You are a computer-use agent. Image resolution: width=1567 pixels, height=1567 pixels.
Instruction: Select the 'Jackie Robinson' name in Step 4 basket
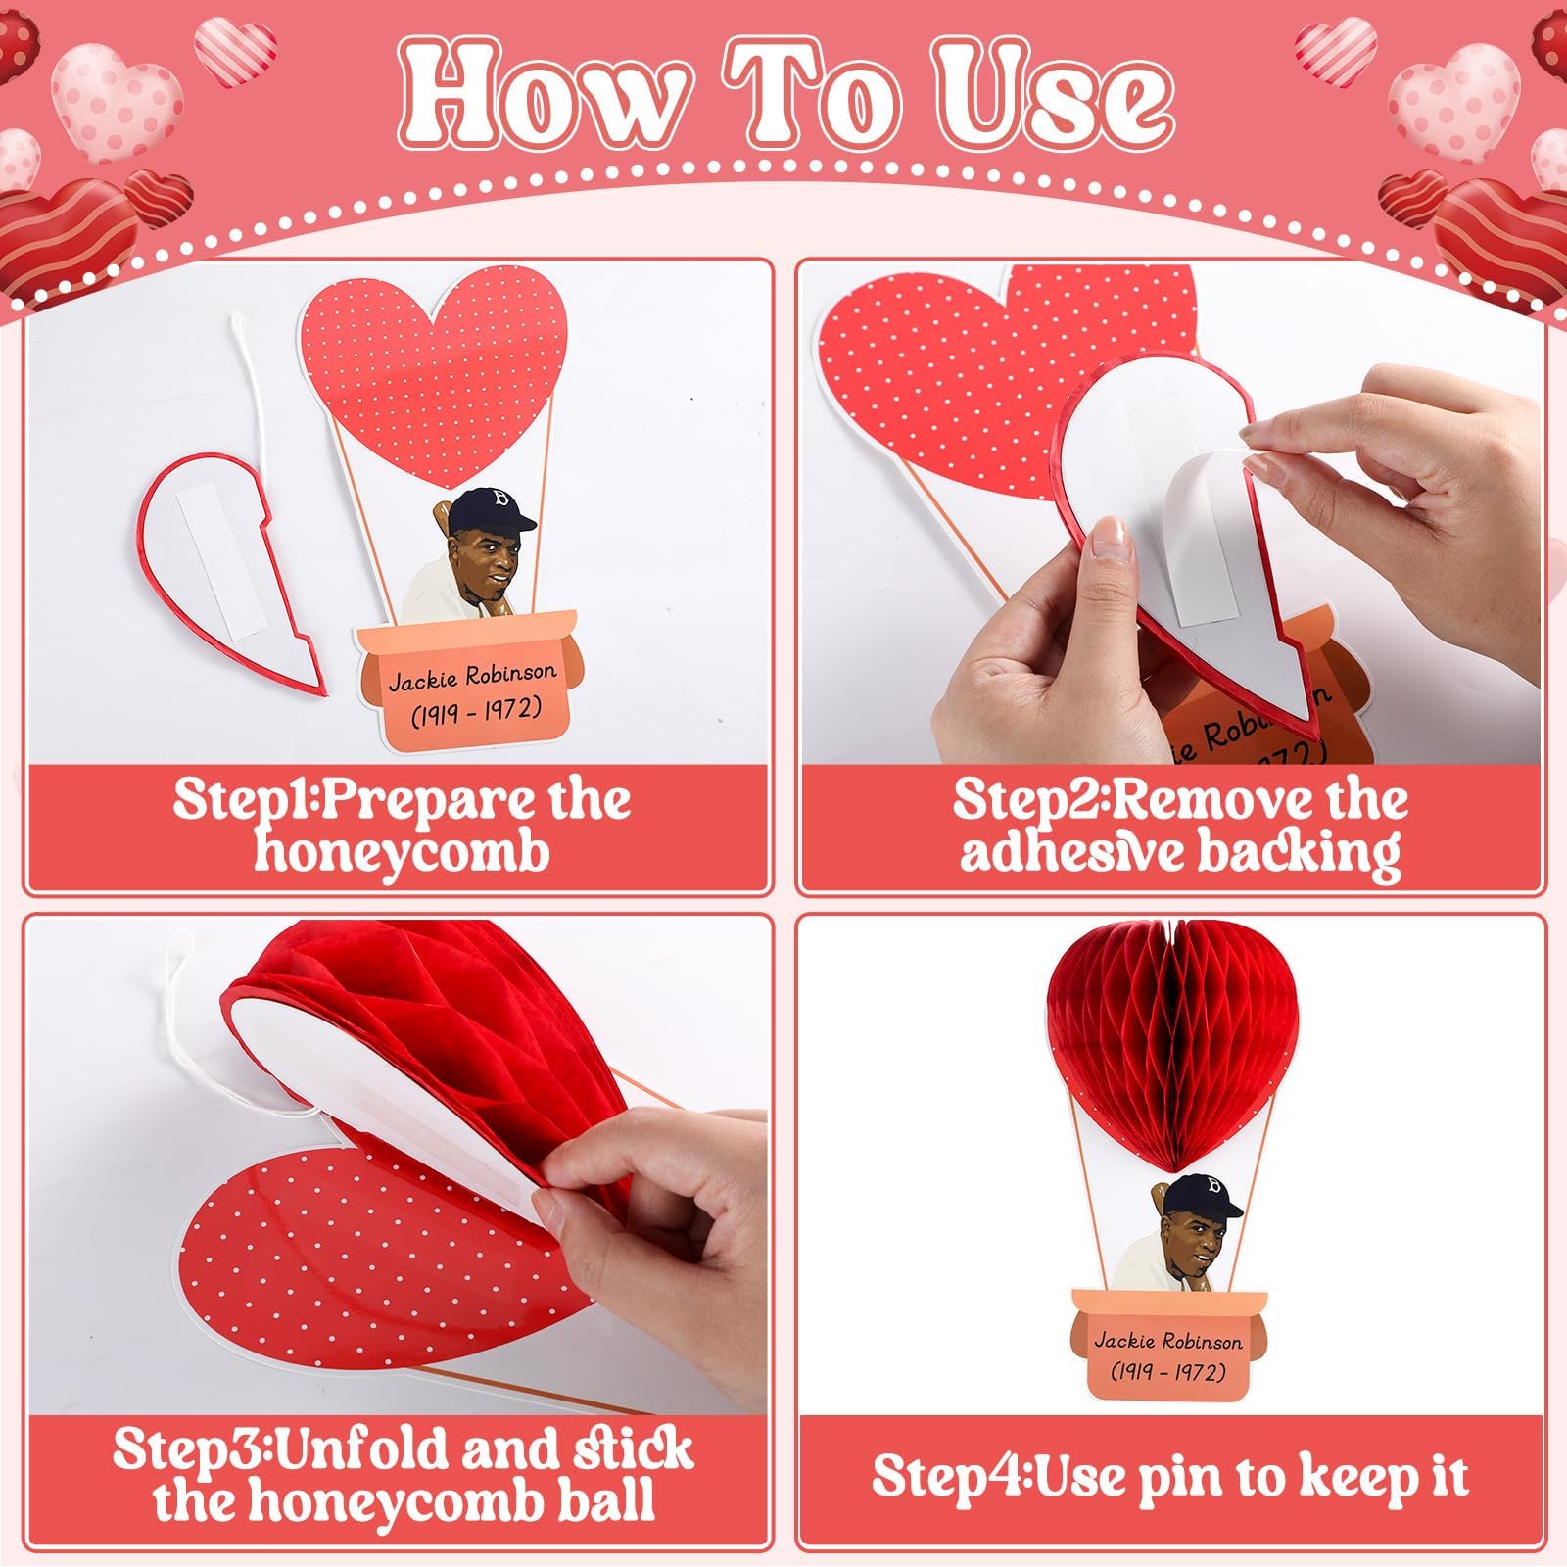tap(1167, 1341)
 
